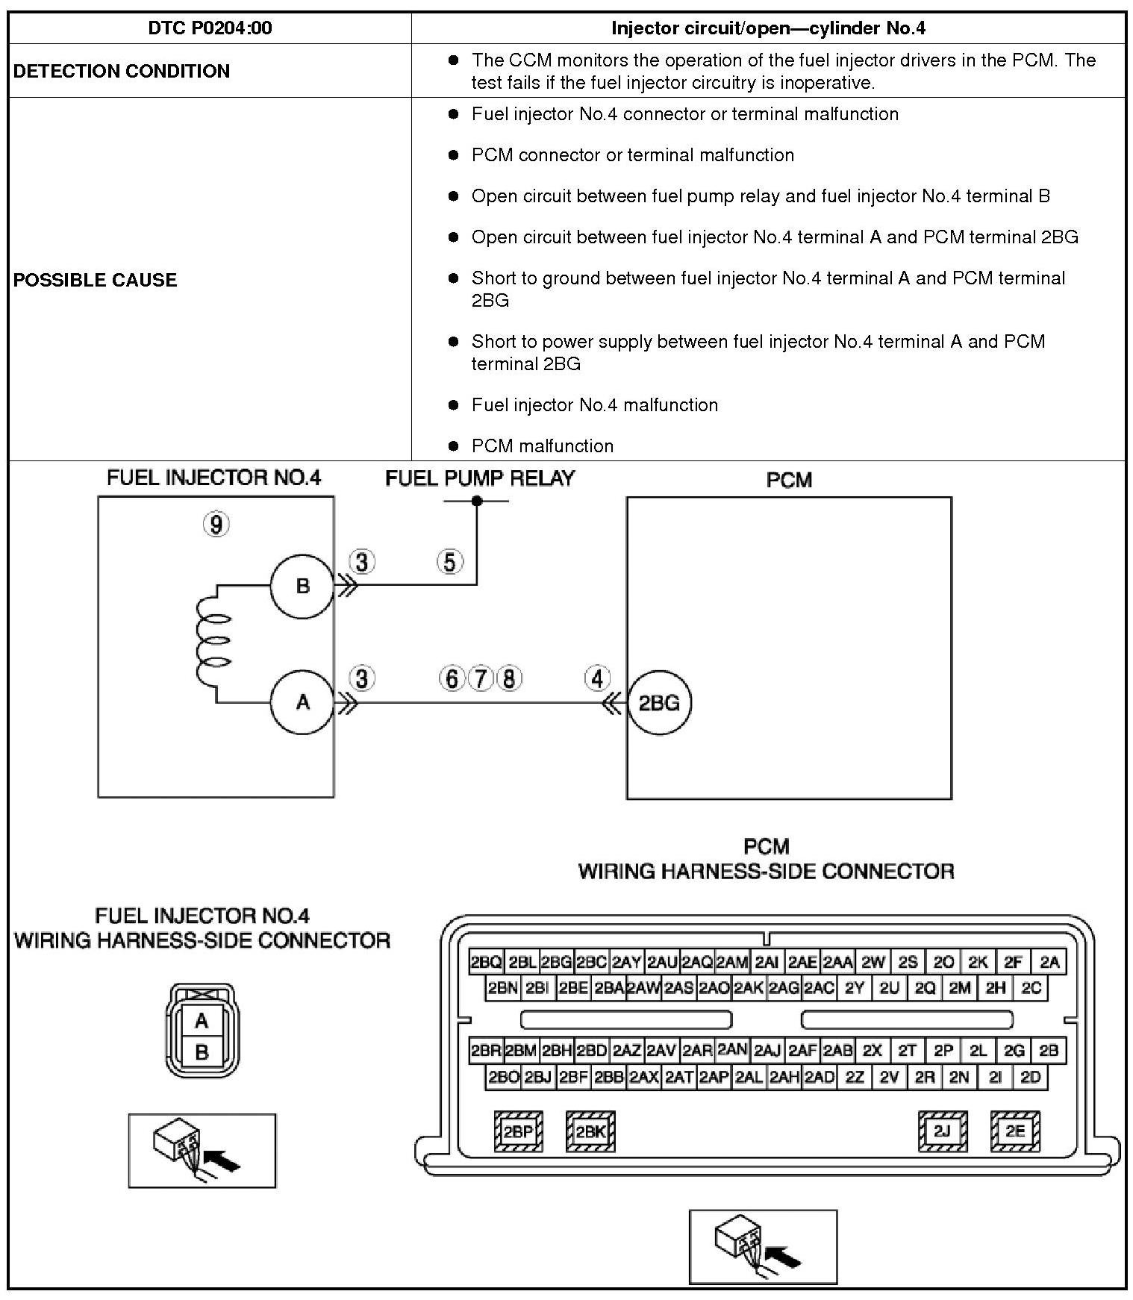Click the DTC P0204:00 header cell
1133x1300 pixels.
(x=210, y=28)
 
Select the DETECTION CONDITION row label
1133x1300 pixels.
(x=122, y=71)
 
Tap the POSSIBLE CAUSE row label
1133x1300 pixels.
(x=96, y=280)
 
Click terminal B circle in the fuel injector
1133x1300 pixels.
(x=302, y=586)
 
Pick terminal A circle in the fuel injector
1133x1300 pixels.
(x=302, y=702)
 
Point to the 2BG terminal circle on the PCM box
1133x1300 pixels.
(x=659, y=702)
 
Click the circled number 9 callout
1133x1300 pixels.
(x=216, y=525)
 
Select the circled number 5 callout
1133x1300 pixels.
(x=449, y=561)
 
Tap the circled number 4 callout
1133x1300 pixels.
(x=597, y=678)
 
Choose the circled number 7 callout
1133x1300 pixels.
(x=481, y=678)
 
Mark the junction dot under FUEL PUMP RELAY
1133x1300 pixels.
(x=477, y=501)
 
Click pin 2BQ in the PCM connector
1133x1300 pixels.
(x=486, y=962)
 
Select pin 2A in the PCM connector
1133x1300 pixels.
(x=1049, y=962)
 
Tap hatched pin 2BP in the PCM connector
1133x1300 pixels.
(x=518, y=1131)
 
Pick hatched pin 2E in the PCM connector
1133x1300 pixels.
(x=1015, y=1131)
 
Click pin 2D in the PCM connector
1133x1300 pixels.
(x=1031, y=1077)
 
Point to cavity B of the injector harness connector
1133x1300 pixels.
(x=202, y=1052)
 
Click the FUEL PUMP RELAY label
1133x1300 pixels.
(x=480, y=478)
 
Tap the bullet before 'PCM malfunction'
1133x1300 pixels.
(x=453, y=446)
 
